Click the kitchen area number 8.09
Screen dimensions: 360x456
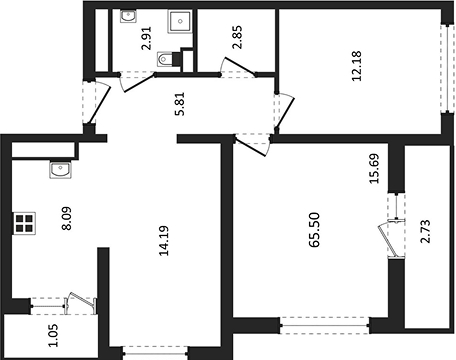click(66, 219)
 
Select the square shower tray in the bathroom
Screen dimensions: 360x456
click(180, 22)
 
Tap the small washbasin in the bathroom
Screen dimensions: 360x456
click(129, 17)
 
